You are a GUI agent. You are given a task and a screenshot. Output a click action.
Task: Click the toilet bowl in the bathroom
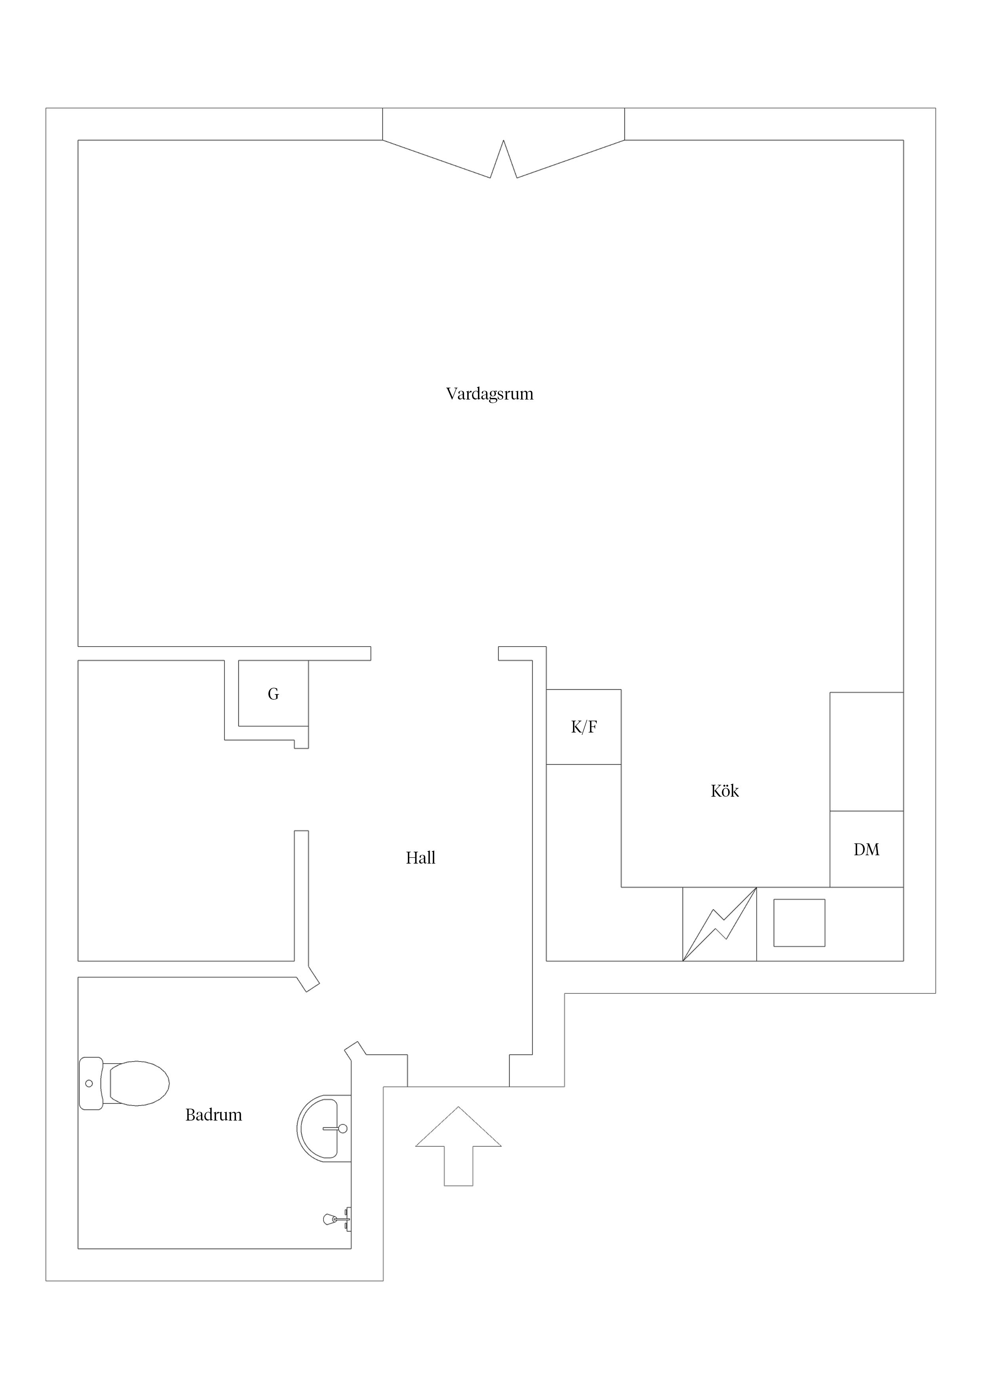pos(139,1083)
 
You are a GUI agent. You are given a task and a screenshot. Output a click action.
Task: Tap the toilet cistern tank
pos(91,1083)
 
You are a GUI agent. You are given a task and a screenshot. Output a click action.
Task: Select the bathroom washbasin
pos(324,1128)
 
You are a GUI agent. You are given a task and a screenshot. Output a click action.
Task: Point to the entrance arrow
pos(458,1146)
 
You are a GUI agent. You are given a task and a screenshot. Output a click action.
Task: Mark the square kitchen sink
pos(799,923)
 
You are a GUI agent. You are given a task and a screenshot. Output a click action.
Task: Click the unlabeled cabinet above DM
pos(866,752)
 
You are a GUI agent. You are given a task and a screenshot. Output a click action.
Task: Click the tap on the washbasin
pos(336,1128)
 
